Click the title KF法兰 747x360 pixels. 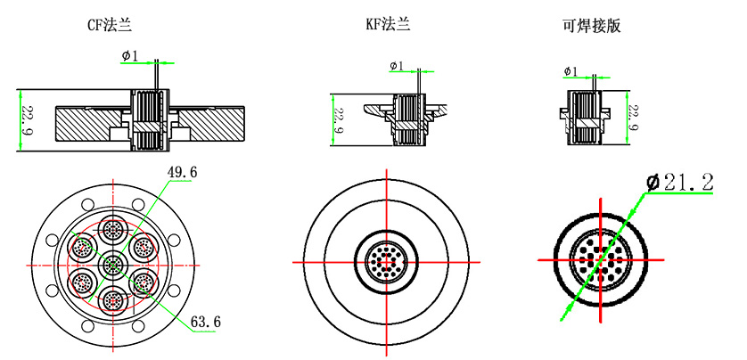(387, 25)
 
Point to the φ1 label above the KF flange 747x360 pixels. (397, 66)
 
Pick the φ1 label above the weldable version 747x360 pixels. (571, 71)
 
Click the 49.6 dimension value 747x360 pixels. (182, 171)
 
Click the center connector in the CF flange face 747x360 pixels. (112, 265)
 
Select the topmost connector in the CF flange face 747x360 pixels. (112, 231)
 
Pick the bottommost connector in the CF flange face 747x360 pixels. (112, 299)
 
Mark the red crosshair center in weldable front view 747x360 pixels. (601, 259)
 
